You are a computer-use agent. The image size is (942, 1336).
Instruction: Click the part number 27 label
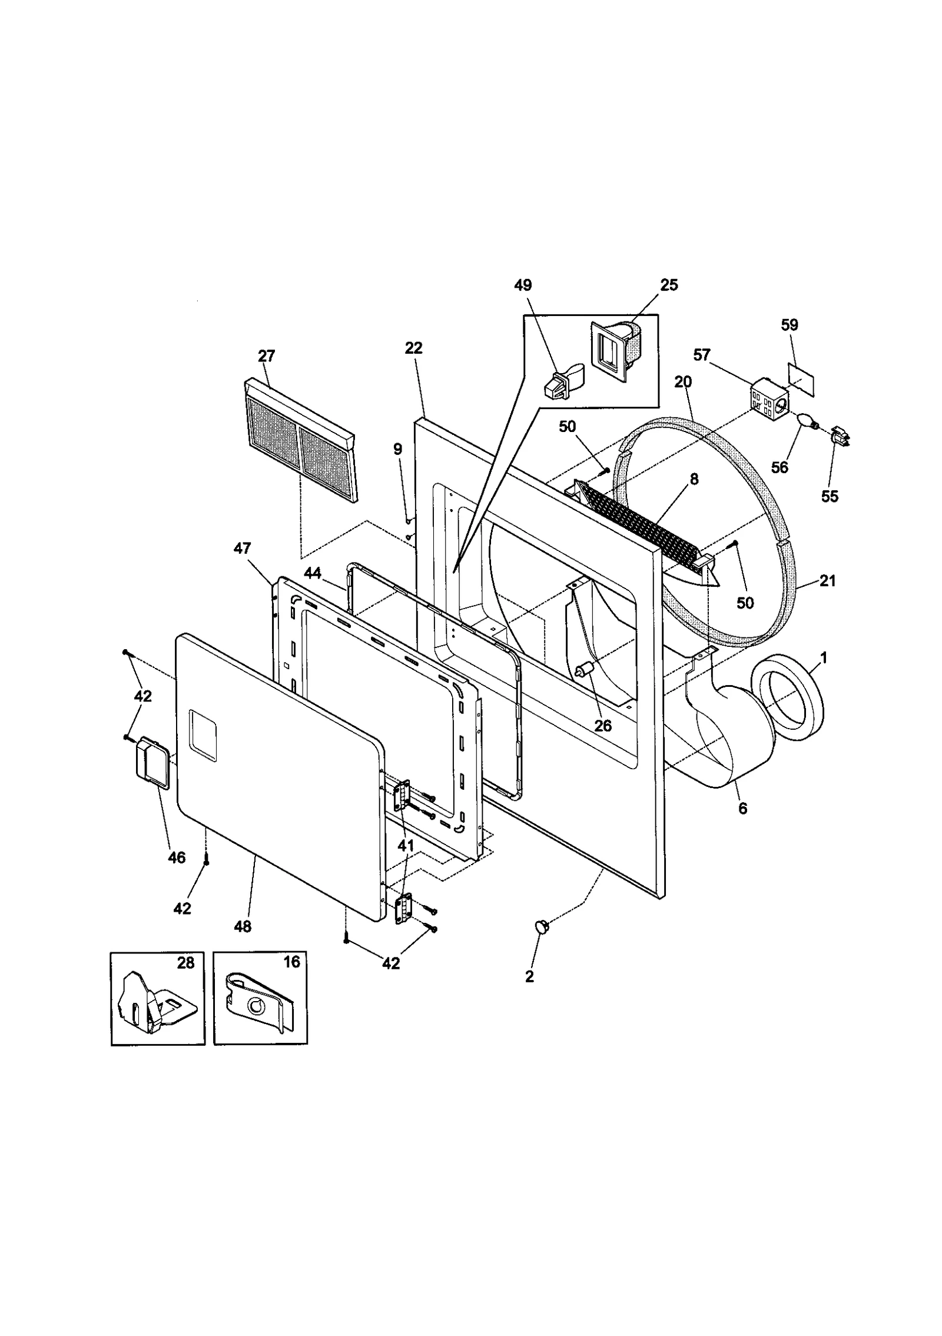(266, 356)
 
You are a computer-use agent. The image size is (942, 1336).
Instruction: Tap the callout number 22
(413, 348)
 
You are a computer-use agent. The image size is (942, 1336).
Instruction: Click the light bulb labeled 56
(805, 421)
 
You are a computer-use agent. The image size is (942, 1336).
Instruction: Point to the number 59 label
(790, 325)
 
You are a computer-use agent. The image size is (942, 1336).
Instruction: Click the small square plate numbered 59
(801, 378)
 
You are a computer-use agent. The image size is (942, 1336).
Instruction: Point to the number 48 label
(243, 926)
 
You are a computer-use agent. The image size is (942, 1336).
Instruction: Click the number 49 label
(522, 285)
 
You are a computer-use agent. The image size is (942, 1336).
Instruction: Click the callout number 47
(242, 549)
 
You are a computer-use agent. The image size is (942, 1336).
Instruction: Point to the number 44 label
(313, 573)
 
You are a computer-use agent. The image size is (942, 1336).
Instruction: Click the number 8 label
(694, 480)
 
